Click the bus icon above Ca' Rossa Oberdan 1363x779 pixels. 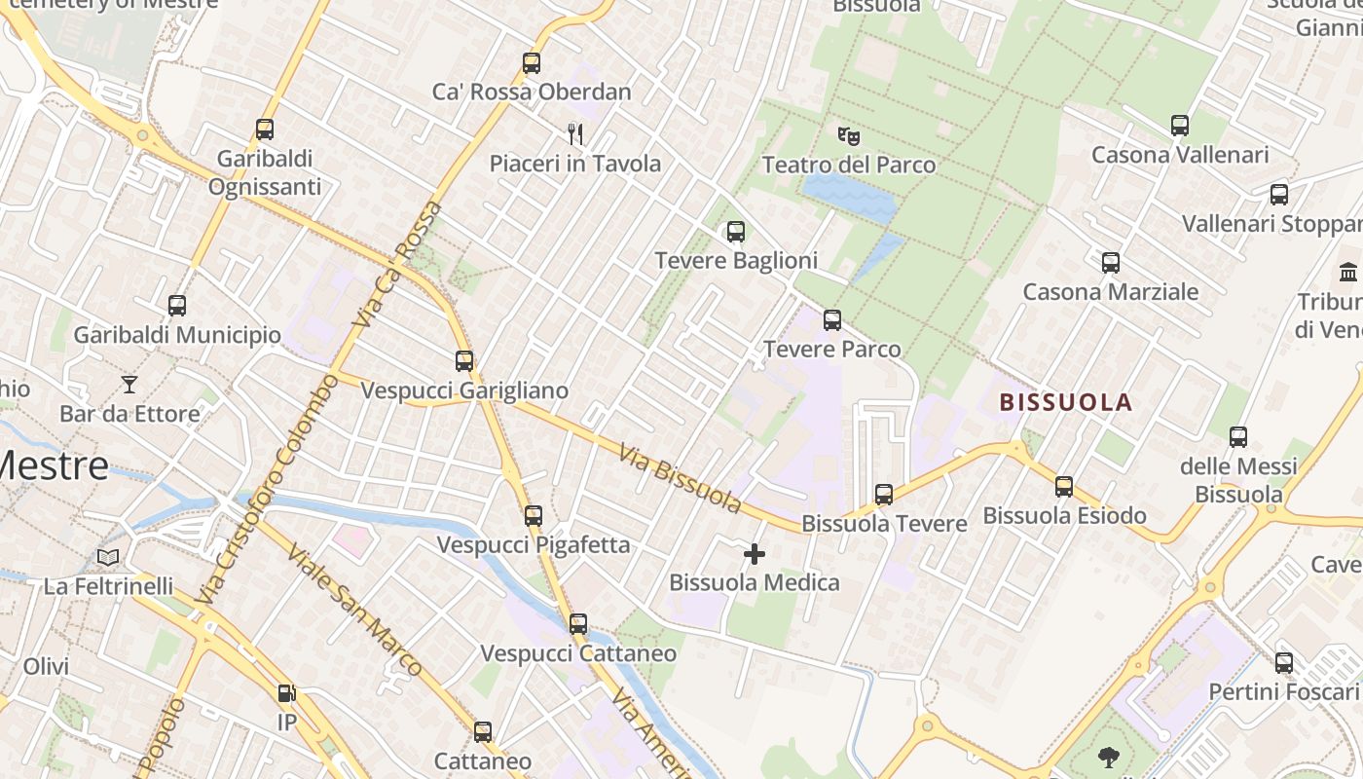(531, 63)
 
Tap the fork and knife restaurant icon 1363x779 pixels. (575, 134)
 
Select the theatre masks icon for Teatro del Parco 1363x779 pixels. (849, 135)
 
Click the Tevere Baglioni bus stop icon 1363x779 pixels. (736, 232)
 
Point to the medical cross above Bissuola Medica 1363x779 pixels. (755, 554)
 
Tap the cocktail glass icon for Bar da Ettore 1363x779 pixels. (129, 385)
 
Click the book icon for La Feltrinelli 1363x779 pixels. (108, 557)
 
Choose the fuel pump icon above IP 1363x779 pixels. (286, 693)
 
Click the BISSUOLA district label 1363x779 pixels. (1066, 402)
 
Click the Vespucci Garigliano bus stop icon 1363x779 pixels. (464, 361)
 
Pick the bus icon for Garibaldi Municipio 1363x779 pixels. (177, 306)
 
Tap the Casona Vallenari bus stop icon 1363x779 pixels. (1180, 126)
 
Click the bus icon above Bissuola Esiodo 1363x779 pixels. (1064, 486)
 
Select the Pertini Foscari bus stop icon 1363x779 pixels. (1284, 663)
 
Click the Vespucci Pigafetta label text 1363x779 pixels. (534, 544)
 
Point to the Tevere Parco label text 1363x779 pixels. (832, 349)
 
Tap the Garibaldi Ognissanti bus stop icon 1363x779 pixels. (264, 130)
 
